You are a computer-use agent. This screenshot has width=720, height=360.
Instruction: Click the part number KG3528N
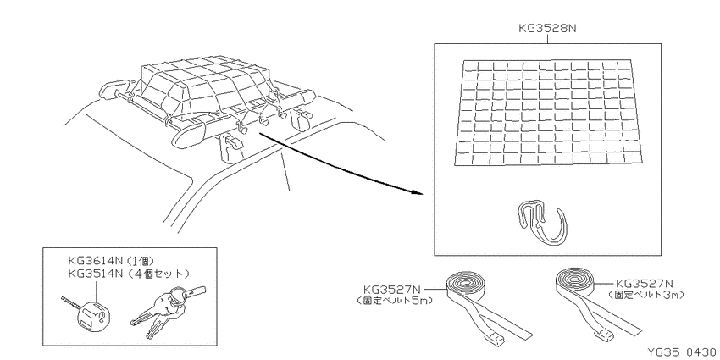point(547,28)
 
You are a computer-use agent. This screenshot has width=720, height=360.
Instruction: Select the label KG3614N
point(95,262)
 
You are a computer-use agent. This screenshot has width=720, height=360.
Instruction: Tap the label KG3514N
point(95,274)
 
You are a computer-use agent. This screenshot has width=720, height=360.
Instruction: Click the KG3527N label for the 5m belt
point(391,290)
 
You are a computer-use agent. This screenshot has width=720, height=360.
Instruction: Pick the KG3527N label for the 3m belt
point(644,284)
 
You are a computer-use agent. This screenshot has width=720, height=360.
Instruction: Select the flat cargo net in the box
point(549,112)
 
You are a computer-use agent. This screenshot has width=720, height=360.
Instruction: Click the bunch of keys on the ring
point(166,308)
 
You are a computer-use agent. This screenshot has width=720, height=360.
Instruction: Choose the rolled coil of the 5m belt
point(467,285)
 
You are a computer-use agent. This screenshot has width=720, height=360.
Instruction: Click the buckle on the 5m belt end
point(495,339)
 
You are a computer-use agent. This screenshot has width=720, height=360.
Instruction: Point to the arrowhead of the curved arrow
point(417,192)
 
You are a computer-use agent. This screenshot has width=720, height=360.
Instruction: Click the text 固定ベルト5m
point(395,302)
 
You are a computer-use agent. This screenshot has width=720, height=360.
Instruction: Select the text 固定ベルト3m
point(645,296)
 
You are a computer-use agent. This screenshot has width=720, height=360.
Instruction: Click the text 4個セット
point(158,274)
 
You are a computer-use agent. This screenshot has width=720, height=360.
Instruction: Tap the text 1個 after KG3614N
point(140,262)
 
